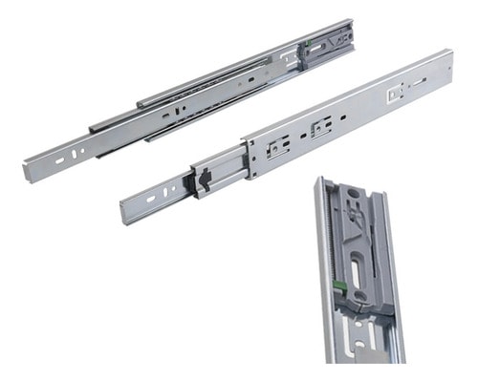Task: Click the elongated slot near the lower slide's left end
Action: [150, 200]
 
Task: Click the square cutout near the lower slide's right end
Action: [393, 94]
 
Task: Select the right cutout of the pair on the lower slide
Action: [322, 125]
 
